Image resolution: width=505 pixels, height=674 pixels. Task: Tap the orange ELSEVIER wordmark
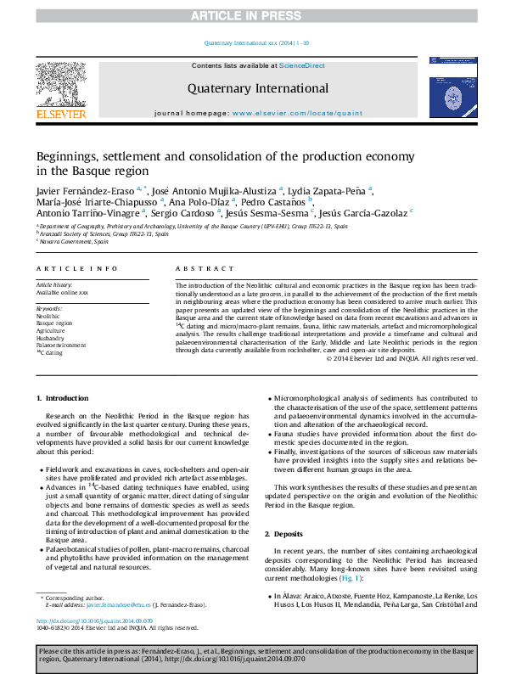(60, 113)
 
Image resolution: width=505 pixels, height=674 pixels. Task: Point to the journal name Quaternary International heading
(258, 88)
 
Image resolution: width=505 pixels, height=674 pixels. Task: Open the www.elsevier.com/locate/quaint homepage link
(297, 113)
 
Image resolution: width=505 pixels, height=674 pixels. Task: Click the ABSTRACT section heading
(199, 268)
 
